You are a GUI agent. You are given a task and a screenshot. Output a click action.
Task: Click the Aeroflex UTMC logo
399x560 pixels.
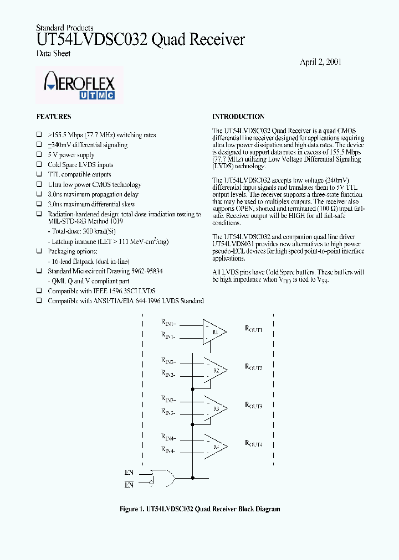point(79,86)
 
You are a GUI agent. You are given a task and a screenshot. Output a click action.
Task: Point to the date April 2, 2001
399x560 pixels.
point(320,62)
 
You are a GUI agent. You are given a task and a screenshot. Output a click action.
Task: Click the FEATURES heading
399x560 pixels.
point(54,117)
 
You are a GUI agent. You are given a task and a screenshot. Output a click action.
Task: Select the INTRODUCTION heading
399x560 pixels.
point(238,117)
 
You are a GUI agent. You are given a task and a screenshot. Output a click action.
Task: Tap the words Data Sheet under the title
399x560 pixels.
point(53,54)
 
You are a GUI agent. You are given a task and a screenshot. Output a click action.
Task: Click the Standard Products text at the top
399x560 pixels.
point(64,28)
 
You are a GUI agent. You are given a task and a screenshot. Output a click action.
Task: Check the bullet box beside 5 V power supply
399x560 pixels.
point(39,155)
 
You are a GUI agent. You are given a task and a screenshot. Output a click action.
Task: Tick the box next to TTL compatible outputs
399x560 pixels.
point(39,175)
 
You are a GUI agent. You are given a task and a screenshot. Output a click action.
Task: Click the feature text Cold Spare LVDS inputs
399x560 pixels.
point(80,165)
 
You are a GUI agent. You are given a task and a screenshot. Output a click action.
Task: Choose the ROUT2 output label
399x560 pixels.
point(253,367)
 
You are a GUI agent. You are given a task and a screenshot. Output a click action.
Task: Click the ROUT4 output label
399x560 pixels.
point(253,443)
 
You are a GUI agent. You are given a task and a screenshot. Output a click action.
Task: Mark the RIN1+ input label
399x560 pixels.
point(168,323)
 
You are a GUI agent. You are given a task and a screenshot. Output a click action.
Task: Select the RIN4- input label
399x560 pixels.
point(168,452)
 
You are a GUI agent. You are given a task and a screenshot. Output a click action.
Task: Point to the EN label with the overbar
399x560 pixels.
point(129,485)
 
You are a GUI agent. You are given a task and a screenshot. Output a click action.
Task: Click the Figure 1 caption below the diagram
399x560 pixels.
point(199,509)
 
